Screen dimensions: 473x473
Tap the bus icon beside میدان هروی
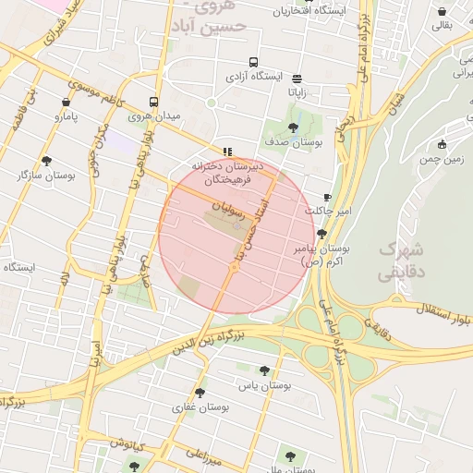tap(152, 103)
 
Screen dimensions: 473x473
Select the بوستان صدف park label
tap(292, 142)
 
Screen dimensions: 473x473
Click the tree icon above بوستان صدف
tap(293, 128)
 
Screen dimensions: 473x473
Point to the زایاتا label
tap(297, 92)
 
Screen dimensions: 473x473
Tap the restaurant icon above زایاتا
tap(297, 79)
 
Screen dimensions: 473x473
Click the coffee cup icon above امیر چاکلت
tap(327, 198)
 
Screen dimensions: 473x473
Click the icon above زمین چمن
tap(443, 143)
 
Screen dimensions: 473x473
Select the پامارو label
tap(66, 116)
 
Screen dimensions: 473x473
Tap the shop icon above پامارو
tap(66, 103)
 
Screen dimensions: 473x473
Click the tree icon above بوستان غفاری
tap(200, 393)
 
